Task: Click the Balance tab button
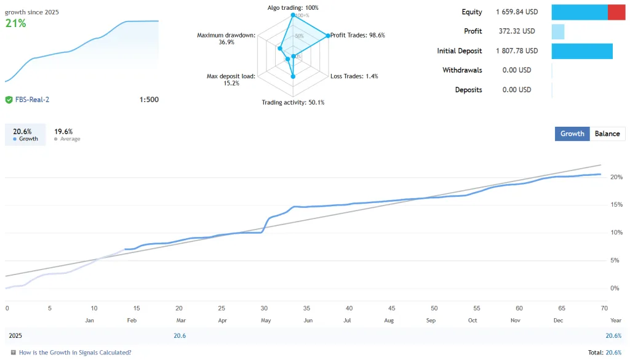[607, 134]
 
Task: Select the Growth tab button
[572, 134]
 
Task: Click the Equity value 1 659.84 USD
[517, 12]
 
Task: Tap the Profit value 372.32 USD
[517, 31]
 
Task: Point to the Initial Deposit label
[460, 51]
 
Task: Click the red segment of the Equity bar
[616, 12]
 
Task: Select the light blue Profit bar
[558, 31]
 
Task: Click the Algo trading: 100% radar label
[293, 7]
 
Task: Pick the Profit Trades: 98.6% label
[357, 35]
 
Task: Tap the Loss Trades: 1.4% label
[354, 76]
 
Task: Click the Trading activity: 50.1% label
[293, 102]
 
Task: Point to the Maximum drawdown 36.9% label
[226, 39]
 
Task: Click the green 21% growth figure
[15, 23]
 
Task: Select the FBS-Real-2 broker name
[31, 100]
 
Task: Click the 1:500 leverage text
[149, 100]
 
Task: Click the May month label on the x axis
[266, 320]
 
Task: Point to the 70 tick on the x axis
[604, 308]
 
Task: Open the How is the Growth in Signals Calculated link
[75, 353]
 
